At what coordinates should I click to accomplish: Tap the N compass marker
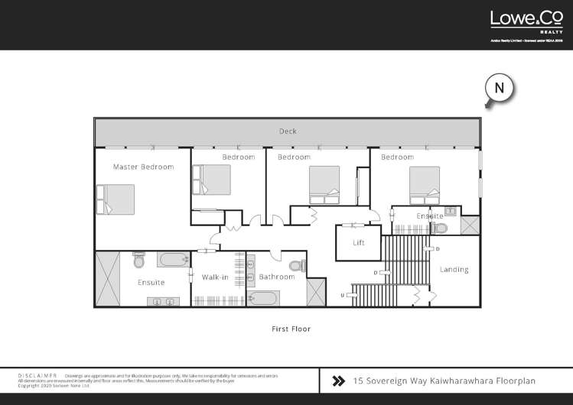[x=499, y=88]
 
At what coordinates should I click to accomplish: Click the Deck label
[x=288, y=131]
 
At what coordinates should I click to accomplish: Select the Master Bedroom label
[x=143, y=167]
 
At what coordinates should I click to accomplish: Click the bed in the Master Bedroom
[x=115, y=199]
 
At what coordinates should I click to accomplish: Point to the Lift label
[x=359, y=243]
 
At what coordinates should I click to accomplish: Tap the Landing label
[x=454, y=270]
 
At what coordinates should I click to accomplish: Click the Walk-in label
[x=216, y=277]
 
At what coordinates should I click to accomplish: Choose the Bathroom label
[x=276, y=277]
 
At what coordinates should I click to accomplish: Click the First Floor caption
[x=291, y=329]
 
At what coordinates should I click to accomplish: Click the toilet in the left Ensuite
[x=138, y=261]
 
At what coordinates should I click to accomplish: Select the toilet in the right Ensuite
[x=438, y=227]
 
